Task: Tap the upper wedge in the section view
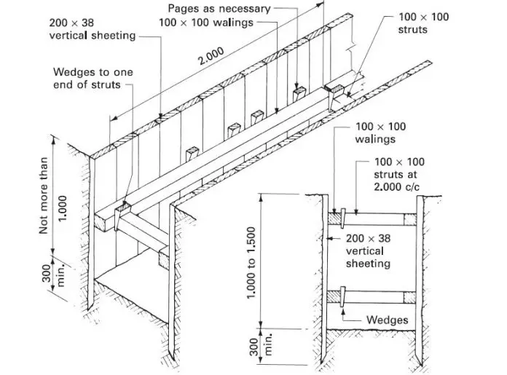339,216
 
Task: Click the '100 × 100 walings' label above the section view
380,133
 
